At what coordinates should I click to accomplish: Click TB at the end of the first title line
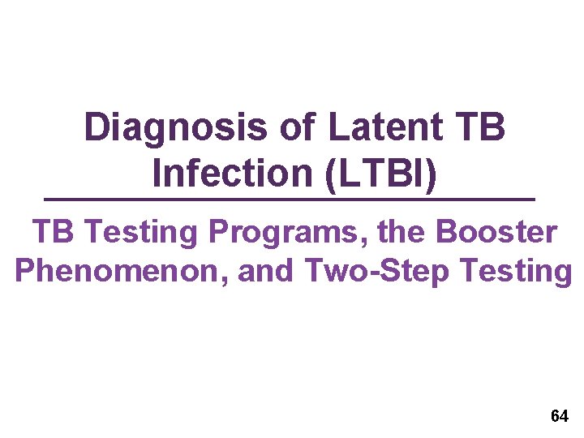coord(481,128)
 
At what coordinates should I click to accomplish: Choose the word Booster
coord(496,233)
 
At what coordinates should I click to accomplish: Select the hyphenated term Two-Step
coord(380,271)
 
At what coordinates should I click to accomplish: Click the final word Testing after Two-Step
coord(518,271)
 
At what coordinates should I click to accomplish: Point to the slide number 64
coord(559,417)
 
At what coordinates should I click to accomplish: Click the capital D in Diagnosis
coord(97,128)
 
